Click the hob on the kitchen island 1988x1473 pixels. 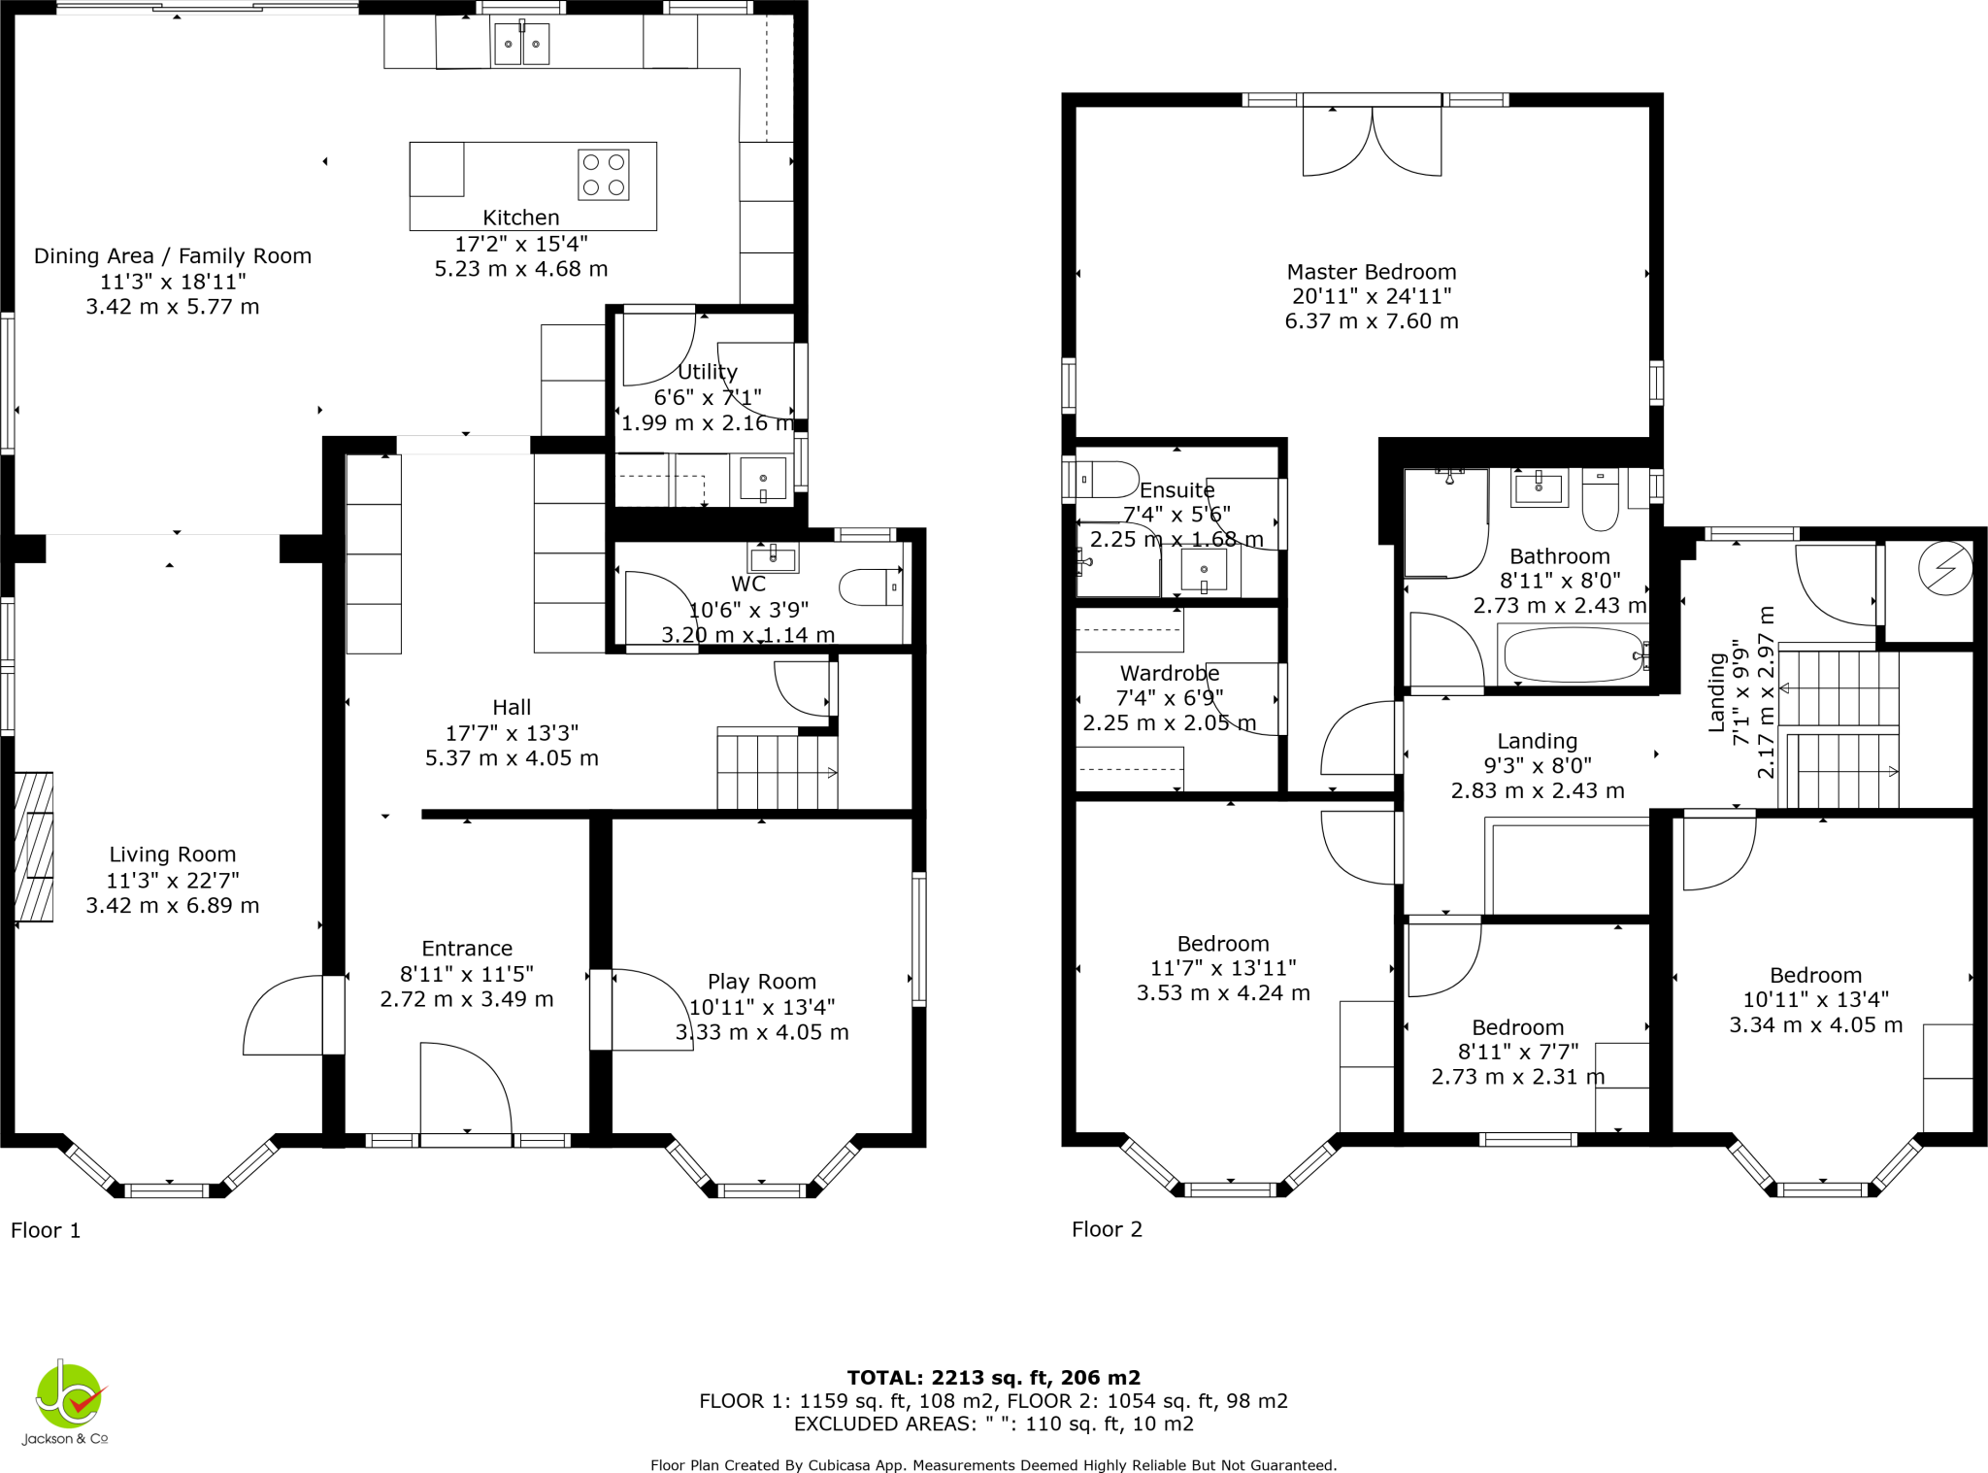click(603, 175)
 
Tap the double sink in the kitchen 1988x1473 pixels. click(521, 44)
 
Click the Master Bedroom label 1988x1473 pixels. click(1371, 272)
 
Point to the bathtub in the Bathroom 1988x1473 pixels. click(1572, 654)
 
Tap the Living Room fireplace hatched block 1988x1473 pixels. click(34, 847)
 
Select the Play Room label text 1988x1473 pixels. click(761, 982)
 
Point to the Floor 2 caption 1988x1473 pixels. click(1107, 1229)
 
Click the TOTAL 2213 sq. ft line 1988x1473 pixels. click(993, 1377)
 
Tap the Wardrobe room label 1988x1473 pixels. click(1169, 673)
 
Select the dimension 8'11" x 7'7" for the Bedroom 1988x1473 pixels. click(1517, 1052)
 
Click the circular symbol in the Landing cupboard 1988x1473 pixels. click(1945, 568)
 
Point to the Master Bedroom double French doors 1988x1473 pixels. click(1372, 141)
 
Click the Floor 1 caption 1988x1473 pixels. click(46, 1230)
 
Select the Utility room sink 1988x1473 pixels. click(763, 479)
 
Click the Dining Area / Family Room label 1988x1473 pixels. click(173, 255)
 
